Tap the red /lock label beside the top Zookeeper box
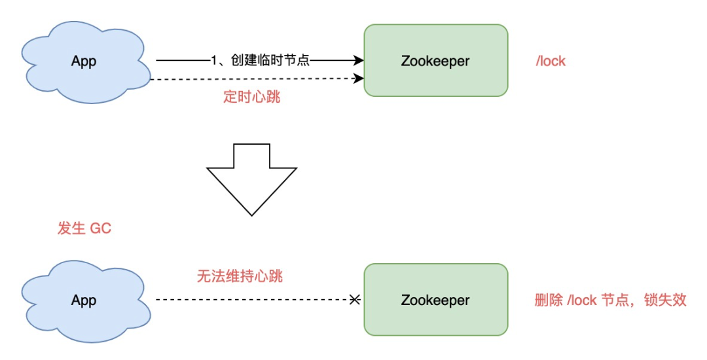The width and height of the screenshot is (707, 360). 551,62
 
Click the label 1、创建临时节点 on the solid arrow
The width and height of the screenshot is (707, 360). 260,61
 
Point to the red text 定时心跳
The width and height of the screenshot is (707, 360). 252,98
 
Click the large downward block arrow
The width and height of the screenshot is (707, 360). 252,180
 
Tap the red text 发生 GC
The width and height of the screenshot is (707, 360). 84,228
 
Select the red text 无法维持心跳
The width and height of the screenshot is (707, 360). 240,276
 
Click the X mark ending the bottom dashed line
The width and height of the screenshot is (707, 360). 355,300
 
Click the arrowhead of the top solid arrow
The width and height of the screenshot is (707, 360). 359,61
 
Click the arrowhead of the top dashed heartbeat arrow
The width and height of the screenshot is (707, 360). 359,79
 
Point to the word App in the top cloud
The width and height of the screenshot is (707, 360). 84,62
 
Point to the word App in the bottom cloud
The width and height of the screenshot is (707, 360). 84,300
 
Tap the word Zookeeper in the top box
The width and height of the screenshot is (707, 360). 435,62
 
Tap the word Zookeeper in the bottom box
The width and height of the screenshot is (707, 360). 435,300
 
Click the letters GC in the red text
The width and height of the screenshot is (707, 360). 101,228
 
